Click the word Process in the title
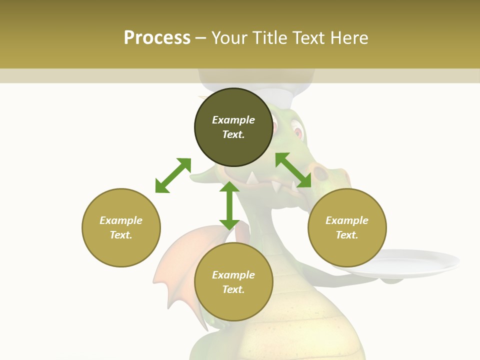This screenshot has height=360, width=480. click(157, 38)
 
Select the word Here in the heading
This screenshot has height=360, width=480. click(348, 38)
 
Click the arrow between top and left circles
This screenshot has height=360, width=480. click(173, 175)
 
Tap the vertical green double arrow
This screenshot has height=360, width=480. click(229, 205)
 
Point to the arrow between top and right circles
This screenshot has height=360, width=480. click(293, 170)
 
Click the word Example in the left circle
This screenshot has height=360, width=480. click(121, 220)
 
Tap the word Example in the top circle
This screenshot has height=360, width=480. click(233, 120)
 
